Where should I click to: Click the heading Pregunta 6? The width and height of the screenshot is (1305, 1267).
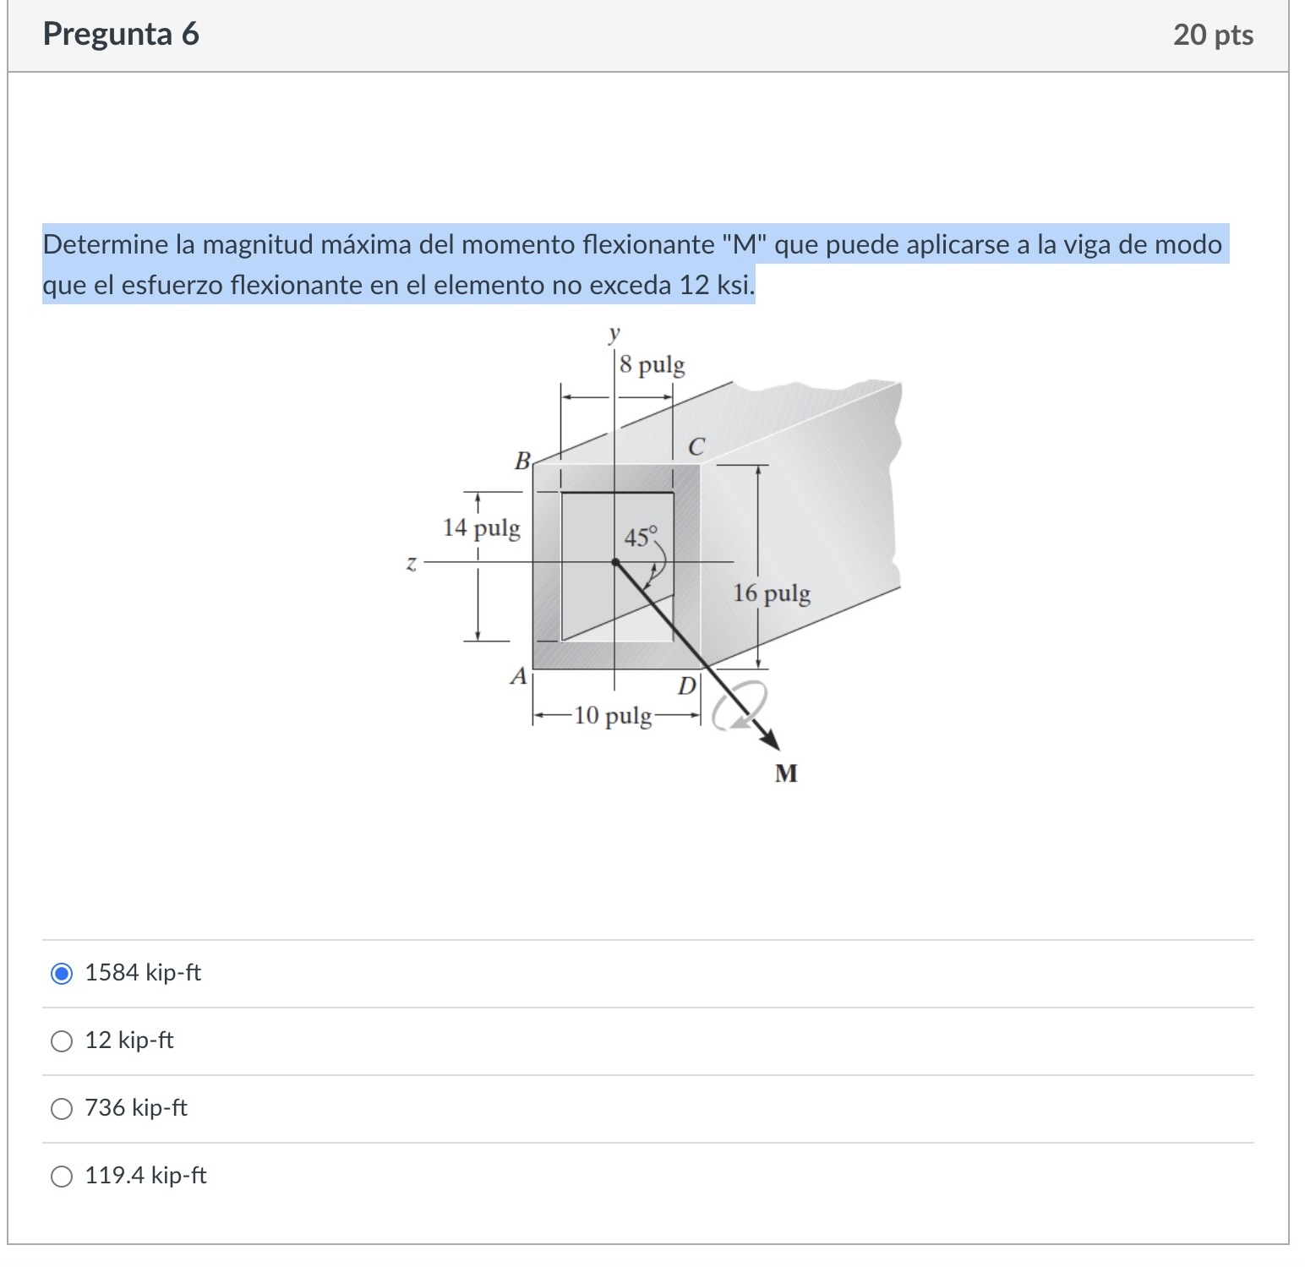[x=121, y=34]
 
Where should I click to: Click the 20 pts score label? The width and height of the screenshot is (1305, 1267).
[x=1213, y=35]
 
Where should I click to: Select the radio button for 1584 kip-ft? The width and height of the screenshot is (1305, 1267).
[x=62, y=974]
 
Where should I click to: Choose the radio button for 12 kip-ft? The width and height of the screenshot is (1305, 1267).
[x=62, y=1041]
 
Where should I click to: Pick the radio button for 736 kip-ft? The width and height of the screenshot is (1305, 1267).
[x=62, y=1109]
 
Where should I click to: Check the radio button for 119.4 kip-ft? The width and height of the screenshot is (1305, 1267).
[x=62, y=1177]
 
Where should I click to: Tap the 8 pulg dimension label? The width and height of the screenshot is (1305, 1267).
[x=652, y=366]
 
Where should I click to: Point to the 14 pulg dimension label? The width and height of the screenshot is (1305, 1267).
[x=482, y=528]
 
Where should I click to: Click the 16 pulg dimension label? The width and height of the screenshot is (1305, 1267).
[x=772, y=593]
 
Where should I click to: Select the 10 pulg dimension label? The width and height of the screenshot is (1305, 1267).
[x=613, y=717]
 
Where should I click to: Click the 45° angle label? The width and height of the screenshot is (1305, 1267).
[x=640, y=537]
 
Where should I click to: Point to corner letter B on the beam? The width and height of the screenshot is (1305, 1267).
[x=523, y=461]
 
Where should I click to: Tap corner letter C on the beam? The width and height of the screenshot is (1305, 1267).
[x=696, y=447]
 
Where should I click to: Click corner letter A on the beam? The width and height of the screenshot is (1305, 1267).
[x=518, y=676]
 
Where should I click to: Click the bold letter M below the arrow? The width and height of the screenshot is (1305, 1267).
[x=786, y=773]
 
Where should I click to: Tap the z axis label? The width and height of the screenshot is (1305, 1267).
[x=412, y=563]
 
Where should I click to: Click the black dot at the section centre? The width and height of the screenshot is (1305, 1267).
[x=616, y=561]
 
